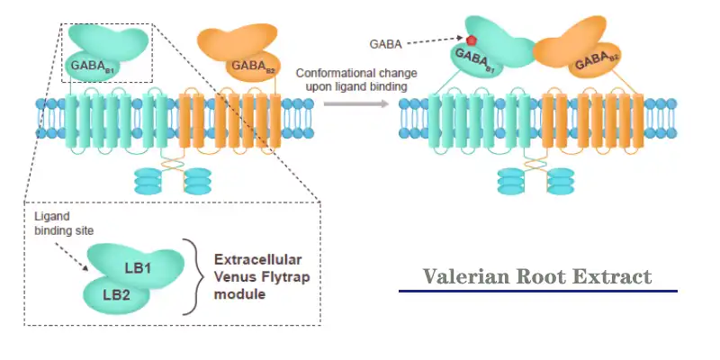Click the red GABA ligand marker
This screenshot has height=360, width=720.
click(470, 40)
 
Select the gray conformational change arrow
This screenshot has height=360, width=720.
click(356, 103)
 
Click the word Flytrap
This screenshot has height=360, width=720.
click(286, 276)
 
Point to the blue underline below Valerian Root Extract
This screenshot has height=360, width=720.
click(537, 292)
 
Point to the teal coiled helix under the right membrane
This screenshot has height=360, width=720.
click(513, 180)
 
